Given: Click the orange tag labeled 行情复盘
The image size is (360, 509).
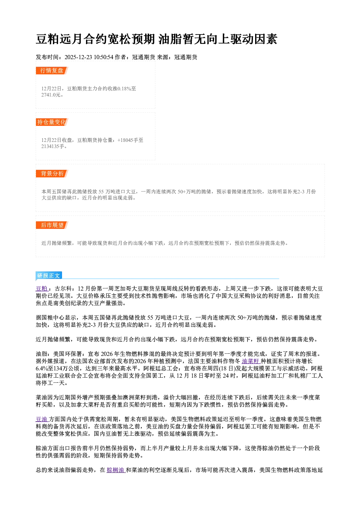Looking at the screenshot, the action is tap(52, 70).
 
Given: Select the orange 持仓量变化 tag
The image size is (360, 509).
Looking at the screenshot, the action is tap(52, 122).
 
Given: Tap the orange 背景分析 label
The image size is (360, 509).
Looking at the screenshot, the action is tap(52, 174).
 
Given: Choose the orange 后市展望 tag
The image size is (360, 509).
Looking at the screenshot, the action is tap(52, 225).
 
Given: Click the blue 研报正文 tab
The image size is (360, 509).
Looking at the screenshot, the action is tap(49, 276).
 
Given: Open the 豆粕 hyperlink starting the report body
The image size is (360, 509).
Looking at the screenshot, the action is tap(42, 288).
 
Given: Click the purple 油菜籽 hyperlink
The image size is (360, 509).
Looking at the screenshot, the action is tap(251, 361).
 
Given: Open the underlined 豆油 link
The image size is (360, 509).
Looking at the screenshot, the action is tap(42, 419).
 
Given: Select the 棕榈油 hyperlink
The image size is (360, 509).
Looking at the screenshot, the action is tap(116, 470).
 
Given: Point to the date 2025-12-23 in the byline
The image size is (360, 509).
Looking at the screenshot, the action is tap(78, 57).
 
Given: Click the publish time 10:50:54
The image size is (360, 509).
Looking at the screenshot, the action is tap(103, 57).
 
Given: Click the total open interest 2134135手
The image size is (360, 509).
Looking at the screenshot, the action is tap(54, 146).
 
